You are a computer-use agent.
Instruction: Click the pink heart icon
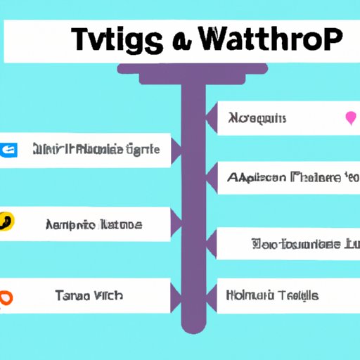350,117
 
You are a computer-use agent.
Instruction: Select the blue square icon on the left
7,150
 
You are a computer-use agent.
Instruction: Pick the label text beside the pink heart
257,118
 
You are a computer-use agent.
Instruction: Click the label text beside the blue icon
96,150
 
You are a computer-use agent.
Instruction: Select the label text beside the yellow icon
94,225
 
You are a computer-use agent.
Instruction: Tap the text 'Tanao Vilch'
89,296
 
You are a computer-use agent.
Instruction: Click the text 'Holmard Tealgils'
273,295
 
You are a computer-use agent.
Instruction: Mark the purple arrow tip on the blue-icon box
176,150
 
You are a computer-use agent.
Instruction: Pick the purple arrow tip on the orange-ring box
176,296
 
